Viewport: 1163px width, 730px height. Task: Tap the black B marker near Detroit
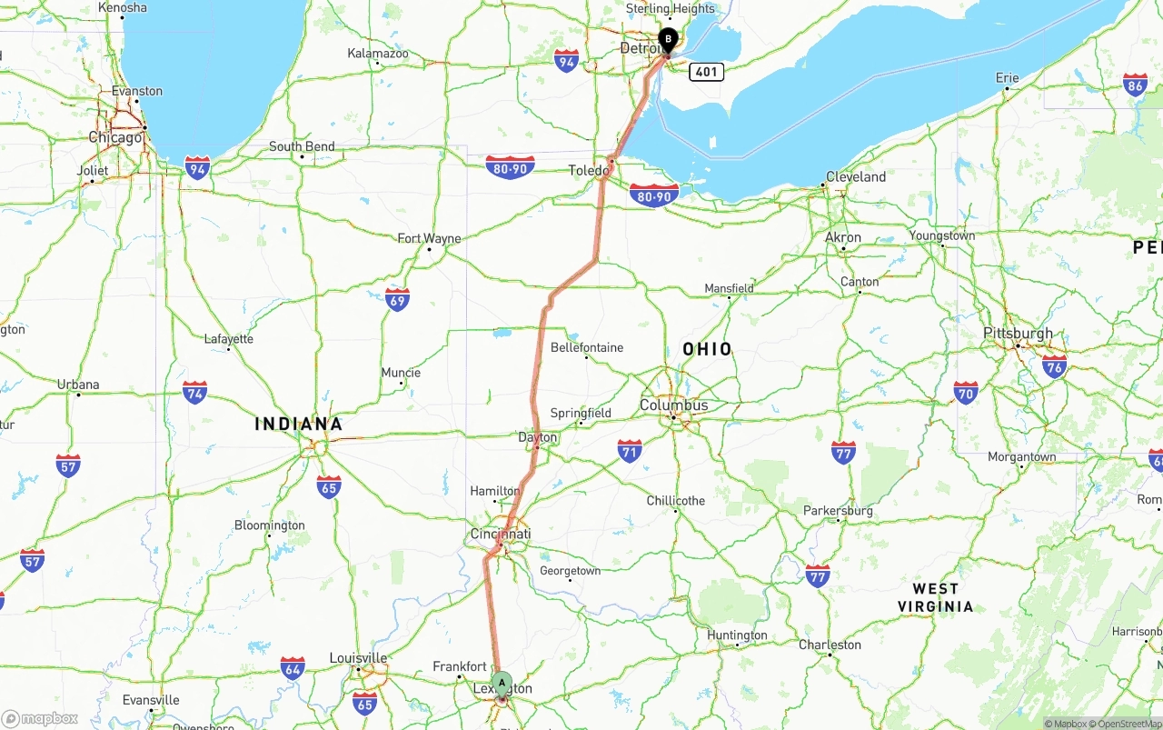(x=668, y=40)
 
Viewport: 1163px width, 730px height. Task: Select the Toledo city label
(x=589, y=170)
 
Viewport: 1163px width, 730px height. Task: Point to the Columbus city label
(x=673, y=405)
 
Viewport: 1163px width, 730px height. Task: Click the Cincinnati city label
(x=501, y=534)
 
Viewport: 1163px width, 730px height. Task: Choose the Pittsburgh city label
(x=1018, y=334)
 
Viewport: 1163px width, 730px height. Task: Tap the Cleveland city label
(x=855, y=176)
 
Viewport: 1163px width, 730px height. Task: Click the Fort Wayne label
(x=429, y=238)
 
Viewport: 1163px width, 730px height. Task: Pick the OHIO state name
(x=707, y=349)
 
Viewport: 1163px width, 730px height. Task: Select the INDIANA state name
(x=299, y=424)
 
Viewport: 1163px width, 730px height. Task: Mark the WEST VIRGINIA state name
(x=935, y=597)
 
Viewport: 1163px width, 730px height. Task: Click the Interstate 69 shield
(x=397, y=299)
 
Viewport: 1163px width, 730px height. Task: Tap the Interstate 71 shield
(x=630, y=450)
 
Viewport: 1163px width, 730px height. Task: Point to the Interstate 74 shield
(x=194, y=392)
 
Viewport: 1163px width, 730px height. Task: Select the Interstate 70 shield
(x=966, y=392)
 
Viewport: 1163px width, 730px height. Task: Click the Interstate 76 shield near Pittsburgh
(x=1054, y=367)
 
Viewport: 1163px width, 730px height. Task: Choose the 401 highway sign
(x=706, y=71)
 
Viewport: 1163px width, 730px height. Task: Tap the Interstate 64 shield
(x=293, y=668)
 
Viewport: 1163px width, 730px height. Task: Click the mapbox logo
(x=41, y=718)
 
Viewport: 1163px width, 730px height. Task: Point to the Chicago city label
(x=115, y=137)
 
